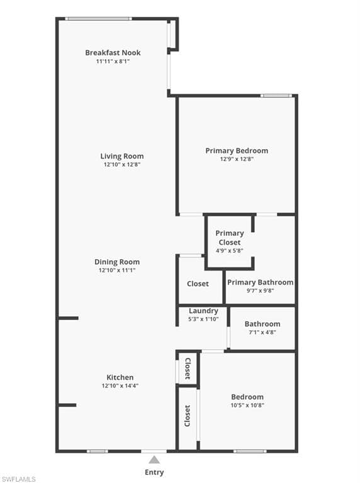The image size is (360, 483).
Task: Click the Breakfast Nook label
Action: pos(113,53)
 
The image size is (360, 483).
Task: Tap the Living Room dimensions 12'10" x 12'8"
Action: pos(122,165)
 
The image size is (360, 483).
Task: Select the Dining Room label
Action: pos(117,262)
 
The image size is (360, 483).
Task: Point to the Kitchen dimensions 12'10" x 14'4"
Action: pos(120,386)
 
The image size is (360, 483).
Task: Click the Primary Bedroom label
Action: pos(237,151)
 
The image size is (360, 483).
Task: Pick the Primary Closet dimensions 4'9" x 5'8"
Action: pos(230,251)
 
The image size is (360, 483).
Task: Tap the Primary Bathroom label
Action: pos(261,282)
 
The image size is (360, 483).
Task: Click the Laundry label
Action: pos(203,311)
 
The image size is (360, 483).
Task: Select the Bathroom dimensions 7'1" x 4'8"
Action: pos(262,332)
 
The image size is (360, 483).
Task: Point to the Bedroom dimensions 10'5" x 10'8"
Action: pos(247,406)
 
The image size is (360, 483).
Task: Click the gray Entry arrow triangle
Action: pos(154,460)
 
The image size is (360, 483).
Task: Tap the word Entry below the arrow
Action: pos(154,472)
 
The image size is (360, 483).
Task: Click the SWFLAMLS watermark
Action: pos(18,479)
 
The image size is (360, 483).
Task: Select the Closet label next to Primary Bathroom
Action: pos(198,284)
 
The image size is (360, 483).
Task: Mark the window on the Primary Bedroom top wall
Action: pos(276,96)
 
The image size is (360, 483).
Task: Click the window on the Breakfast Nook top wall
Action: pos(98,19)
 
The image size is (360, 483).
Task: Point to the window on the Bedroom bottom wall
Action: pos(250,452)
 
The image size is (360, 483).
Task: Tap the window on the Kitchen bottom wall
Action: pos(98,452)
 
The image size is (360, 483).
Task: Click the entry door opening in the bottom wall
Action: pos(154,452)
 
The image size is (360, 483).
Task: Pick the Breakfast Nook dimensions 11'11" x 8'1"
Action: pos(113,61)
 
